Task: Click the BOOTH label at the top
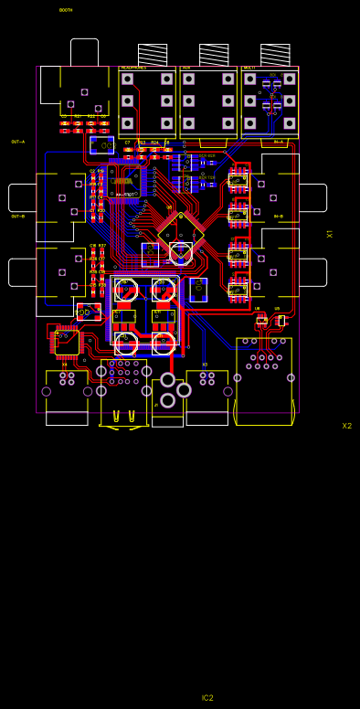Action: tap(66, 10)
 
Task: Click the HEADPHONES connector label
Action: tap(133, 68)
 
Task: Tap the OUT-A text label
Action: tap(18, 142)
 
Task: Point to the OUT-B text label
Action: tap(18, 217)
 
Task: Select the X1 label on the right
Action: tap(330, 234)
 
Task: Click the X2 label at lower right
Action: tap(346, 426)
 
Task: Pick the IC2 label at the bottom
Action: tap(207, 698)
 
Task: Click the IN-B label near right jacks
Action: tap(279, 217)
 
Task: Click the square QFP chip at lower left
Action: tap(67, 342)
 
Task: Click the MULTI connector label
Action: tap(249, 68)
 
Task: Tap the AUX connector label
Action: tap(186, 68)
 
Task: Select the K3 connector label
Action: tap(205, 365)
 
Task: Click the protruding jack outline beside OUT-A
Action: tap(22, 197)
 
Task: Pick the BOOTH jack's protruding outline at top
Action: tap(84, 51)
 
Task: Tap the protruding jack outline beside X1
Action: tap(312, 197)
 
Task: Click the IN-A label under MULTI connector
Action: tap(279, 142)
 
